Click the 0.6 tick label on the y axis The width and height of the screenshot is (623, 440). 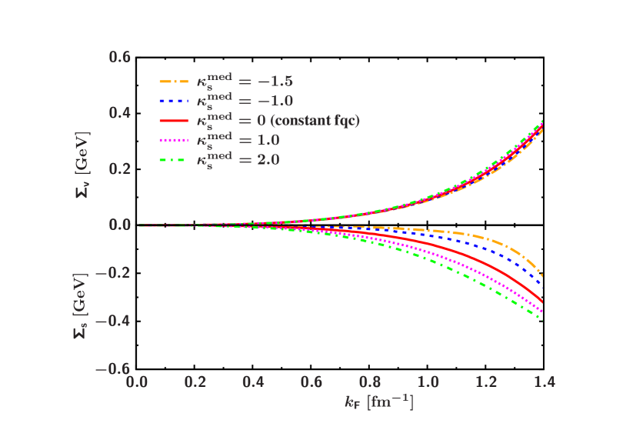click(119, 57)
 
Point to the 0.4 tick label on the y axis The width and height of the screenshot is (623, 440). click(119, 113)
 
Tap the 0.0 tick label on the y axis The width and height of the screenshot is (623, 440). click(119, 225)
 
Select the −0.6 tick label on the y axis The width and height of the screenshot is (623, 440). click(112, 368)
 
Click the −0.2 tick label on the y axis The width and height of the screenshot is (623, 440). click(112, 273)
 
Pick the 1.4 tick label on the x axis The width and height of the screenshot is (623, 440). click(544, 382)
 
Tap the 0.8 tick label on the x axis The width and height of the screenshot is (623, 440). click(369, 382)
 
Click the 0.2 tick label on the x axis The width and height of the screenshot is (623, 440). click(195, 382)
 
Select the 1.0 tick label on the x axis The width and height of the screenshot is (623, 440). click(428, 382)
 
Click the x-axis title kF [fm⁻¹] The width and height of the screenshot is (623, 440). click(378, 402)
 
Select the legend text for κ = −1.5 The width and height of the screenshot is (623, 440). click(243, 80)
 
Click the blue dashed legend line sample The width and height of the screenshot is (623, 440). click(174, 101)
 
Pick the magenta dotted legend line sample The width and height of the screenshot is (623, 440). click(174, 141)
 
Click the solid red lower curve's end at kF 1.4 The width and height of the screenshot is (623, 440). click(543, 302)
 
